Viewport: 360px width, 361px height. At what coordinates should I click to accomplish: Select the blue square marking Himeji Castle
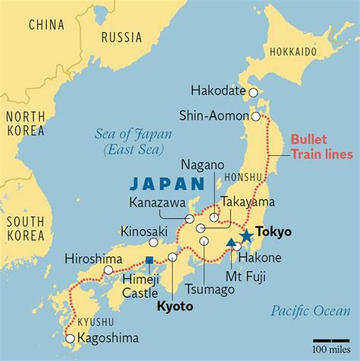(150, 260)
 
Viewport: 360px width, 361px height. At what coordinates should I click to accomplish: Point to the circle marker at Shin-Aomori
(257, 117)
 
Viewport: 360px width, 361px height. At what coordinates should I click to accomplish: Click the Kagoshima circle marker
(70, 338)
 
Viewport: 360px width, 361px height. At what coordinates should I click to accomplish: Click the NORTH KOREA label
(27, 124)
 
